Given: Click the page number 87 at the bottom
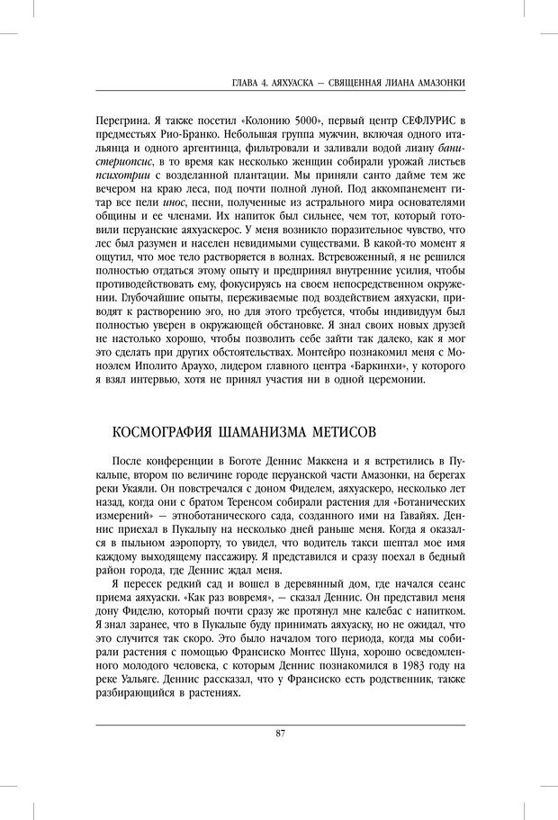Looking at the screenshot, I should pyautogui.click(x=281, y=733).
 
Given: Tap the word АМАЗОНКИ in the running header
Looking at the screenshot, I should pyautogui.click(x=437, y=83).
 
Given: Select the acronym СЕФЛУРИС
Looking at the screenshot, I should pyautogui.click(x=421, y=121).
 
